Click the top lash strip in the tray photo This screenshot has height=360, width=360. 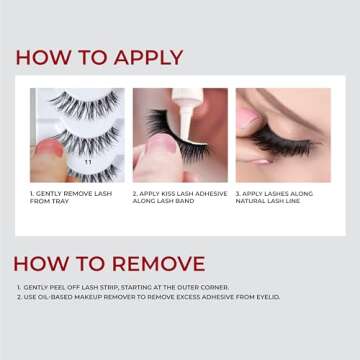(70, 102)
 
